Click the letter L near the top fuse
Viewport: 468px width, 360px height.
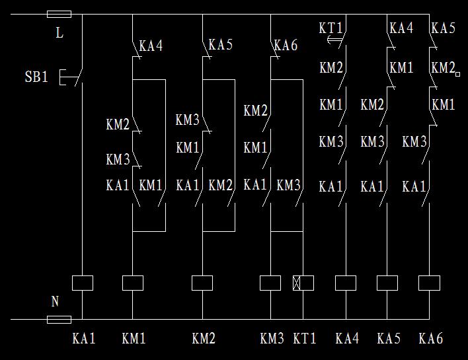pyautogui.click(x=59, y=32)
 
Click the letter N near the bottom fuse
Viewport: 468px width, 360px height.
pyautogui.click(x=56, y=302)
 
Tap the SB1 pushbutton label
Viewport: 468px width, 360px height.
pyautogui.click(x=36, y=77)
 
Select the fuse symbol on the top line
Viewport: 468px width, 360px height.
pyautogui.click(x=59, y=14)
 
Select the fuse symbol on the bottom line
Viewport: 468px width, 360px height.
pyautogui.click(x=59, y=320)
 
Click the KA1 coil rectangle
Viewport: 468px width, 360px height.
pyautogui.click(x=82, y=283)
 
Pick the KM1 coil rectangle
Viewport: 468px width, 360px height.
pyautogui.click(x=133, y=283)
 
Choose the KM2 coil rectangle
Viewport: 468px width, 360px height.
pyautogui.click(x=202, y=283)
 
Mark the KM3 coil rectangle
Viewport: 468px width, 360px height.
pyautogui.click(x=270, y=283)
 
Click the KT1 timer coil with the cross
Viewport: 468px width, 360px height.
pyautogui.click(x=303, y=283)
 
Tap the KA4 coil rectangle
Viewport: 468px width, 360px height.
pyautogui.click(x=346, y=283)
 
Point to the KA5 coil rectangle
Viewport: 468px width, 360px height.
pyautogui.click(x=387, y=283)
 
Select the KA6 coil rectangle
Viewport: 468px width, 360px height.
pyautogui.click(x=430, y=283)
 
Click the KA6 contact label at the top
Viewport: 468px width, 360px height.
pyautogui.click(x=286, y=46)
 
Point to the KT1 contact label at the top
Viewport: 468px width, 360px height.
pyautogui.click(x=331, y=28)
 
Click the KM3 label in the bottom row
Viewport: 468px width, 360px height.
pyautogui.click(x=272, y=339)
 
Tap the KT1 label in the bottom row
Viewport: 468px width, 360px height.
pyautogui.click(x=305, y=339)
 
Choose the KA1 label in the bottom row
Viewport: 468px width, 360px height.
pyautogui.click(x=84, y=339)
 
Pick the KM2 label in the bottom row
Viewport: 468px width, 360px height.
pyautogui.click(x=204, y=339)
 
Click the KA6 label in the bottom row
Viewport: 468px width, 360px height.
pyautogui.click(x=431, y=339)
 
